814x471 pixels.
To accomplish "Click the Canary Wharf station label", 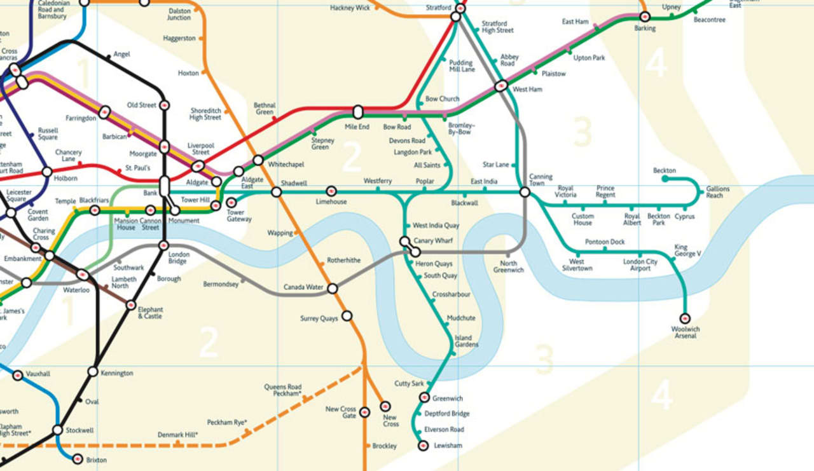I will pyautogui.click(x=433, y=241).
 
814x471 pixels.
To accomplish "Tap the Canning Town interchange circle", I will pyautogui.click(x=525, y=191).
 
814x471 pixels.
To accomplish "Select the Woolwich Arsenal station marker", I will pyautogui.click(x=685, y=318).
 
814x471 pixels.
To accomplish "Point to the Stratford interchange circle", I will pyautogui.click(x=455, y=17).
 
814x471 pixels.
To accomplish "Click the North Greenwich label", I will pyautogui.click(x=508, y=267).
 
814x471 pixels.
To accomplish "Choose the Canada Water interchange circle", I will pyautogui.click(x=332, y=289).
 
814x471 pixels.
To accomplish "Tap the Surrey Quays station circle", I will pyautogui.click(x=347, y=315).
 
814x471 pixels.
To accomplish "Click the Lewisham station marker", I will pyautogui.click(x=423, y=446).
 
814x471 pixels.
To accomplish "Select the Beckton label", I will pyautogui.click(x=664, y=171).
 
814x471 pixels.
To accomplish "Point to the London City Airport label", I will pyautogui.click(x=640, y=265).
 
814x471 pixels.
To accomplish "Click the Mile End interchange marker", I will pyautogui.click(x=358, y=113).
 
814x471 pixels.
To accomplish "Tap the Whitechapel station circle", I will pyautogui.click(x=258, y=160).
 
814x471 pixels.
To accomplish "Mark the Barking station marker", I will pyautogui.click(x=644, y=17).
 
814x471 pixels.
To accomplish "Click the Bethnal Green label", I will pyautogui.click(x=265, y=109).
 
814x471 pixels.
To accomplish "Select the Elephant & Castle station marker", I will pyautogui.click(x=131, y=304).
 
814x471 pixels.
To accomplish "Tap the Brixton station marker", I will pyautogui.click(x=78, y=459).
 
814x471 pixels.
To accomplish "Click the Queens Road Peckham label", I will pyautogui.click(x=282, y=390).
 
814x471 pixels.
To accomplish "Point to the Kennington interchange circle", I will pyautogui.click(x=93, y=372).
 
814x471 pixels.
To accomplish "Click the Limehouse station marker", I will pyautogui.click(x=331, y=191).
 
